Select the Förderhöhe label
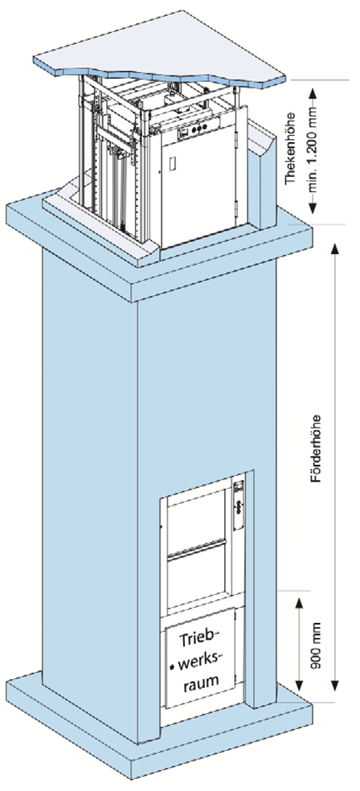click(x=315, y=449)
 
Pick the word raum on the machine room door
click(x=200, y=679)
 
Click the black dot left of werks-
click(x=173, y=666)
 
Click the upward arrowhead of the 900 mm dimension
click(x=300, y=604)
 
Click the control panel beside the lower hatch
click(x=239, y=504)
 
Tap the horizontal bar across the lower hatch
click(x=198, y=547)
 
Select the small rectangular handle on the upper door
click(x=173, y=163)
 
